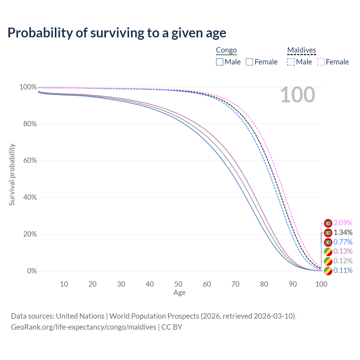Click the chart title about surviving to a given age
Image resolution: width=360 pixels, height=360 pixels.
(x=117, y=33)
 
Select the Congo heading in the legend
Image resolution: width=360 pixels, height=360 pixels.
(x=226, y=50)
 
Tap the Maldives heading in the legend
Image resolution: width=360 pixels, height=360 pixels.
(x=301, y=50)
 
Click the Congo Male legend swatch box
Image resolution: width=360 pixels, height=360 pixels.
(x=220, y=62)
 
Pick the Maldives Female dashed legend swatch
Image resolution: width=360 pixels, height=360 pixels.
(x=321, y=62)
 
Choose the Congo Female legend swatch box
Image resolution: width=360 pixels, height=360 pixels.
(x=249, y=62)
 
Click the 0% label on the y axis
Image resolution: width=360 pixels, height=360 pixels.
(x=32, y=271)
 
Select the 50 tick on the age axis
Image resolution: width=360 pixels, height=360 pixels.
(x=178, y=284)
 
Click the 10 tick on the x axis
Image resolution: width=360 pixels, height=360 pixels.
(x=64, y=284)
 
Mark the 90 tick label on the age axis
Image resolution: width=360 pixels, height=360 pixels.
(x=293, y=284)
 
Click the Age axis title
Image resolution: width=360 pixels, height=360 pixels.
(x=179, y=293)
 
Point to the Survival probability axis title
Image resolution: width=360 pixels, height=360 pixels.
(x=12, y=175)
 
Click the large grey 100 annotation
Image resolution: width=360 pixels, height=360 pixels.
(x=298, y=95)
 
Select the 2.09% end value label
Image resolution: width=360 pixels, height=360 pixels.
(x=343, y=223)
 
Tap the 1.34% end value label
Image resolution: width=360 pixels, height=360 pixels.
(x=343, y=233)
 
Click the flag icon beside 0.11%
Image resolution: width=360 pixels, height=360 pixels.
(x=328, y=271)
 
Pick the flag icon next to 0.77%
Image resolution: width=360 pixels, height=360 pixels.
(x=328, y=242)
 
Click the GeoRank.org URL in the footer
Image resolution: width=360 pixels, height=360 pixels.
(x=84, y=327)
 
